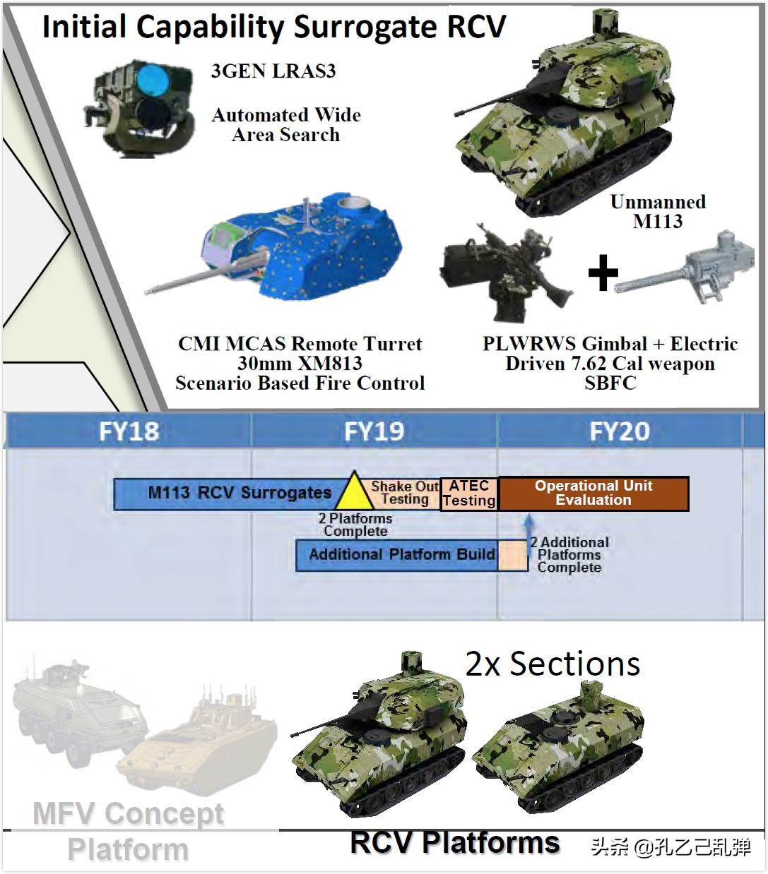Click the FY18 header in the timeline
pos(129,431)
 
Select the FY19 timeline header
pos(374,431)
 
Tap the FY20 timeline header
pos(620,431)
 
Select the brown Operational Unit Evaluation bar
pos(593,493)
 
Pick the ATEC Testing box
pos(469,493)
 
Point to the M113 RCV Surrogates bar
pos(229,493)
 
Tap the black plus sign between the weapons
pos(603,273)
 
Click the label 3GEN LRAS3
pos(273,71)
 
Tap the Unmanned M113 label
pos(658,211)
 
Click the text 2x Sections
pos(553,664)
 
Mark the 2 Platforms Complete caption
pos(355,525)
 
